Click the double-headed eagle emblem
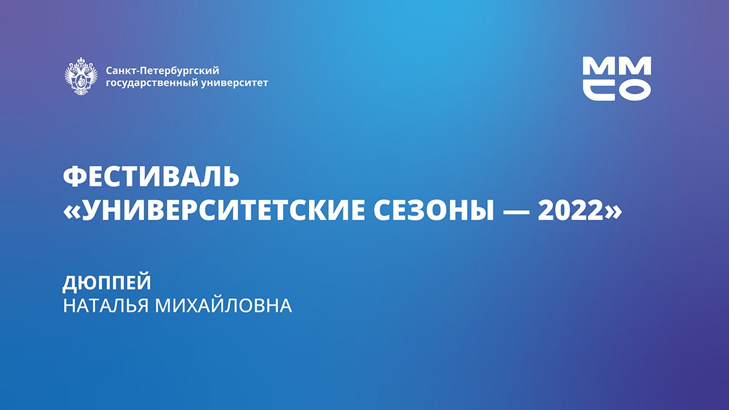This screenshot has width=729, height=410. point(81,77)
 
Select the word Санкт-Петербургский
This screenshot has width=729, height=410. point(162,70)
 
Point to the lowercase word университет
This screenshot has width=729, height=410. point(234,83)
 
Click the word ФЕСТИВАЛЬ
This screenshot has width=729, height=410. point(152,177)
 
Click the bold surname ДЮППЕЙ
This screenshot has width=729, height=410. point(107,283)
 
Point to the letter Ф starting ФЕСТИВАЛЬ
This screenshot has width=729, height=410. point(74,177)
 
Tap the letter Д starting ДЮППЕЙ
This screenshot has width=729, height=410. point(70,284)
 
